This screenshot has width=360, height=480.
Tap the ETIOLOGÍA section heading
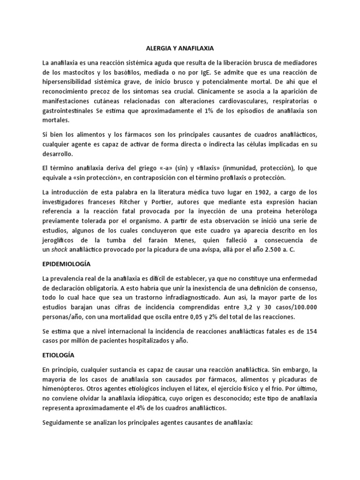[x=58, y=355]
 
